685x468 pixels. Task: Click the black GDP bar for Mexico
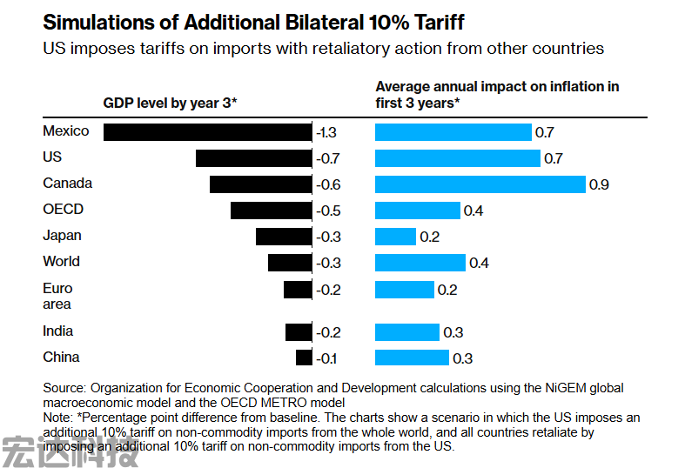pyautogui.click(x=207, y=132)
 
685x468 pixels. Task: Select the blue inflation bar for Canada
pyautogui.click(x=480, y=184)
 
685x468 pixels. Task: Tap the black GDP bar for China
pyautogui.click(x=304, y=358)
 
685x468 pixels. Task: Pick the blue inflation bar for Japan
pyautogui.click(x=395, y=237)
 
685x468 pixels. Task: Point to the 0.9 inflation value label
pyautogui.click(x=600, y=185)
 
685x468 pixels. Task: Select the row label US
pyautogui.click(x=52, y=157)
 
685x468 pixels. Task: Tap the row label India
pyautogui.click(x=58, y=331)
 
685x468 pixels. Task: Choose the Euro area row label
pyautogui.click(x=58, y=297)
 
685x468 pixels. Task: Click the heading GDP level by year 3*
pyautogui.click(x=170, y=104)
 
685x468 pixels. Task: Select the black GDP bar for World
pyautogui.click(x=289, y=263)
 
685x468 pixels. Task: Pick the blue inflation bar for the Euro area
pyautogui.click(x=404, y=290)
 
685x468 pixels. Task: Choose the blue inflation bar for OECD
pyautogui.click(x=417, y=211)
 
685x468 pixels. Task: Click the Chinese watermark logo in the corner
pyautogui.click(x=70, y=451)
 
